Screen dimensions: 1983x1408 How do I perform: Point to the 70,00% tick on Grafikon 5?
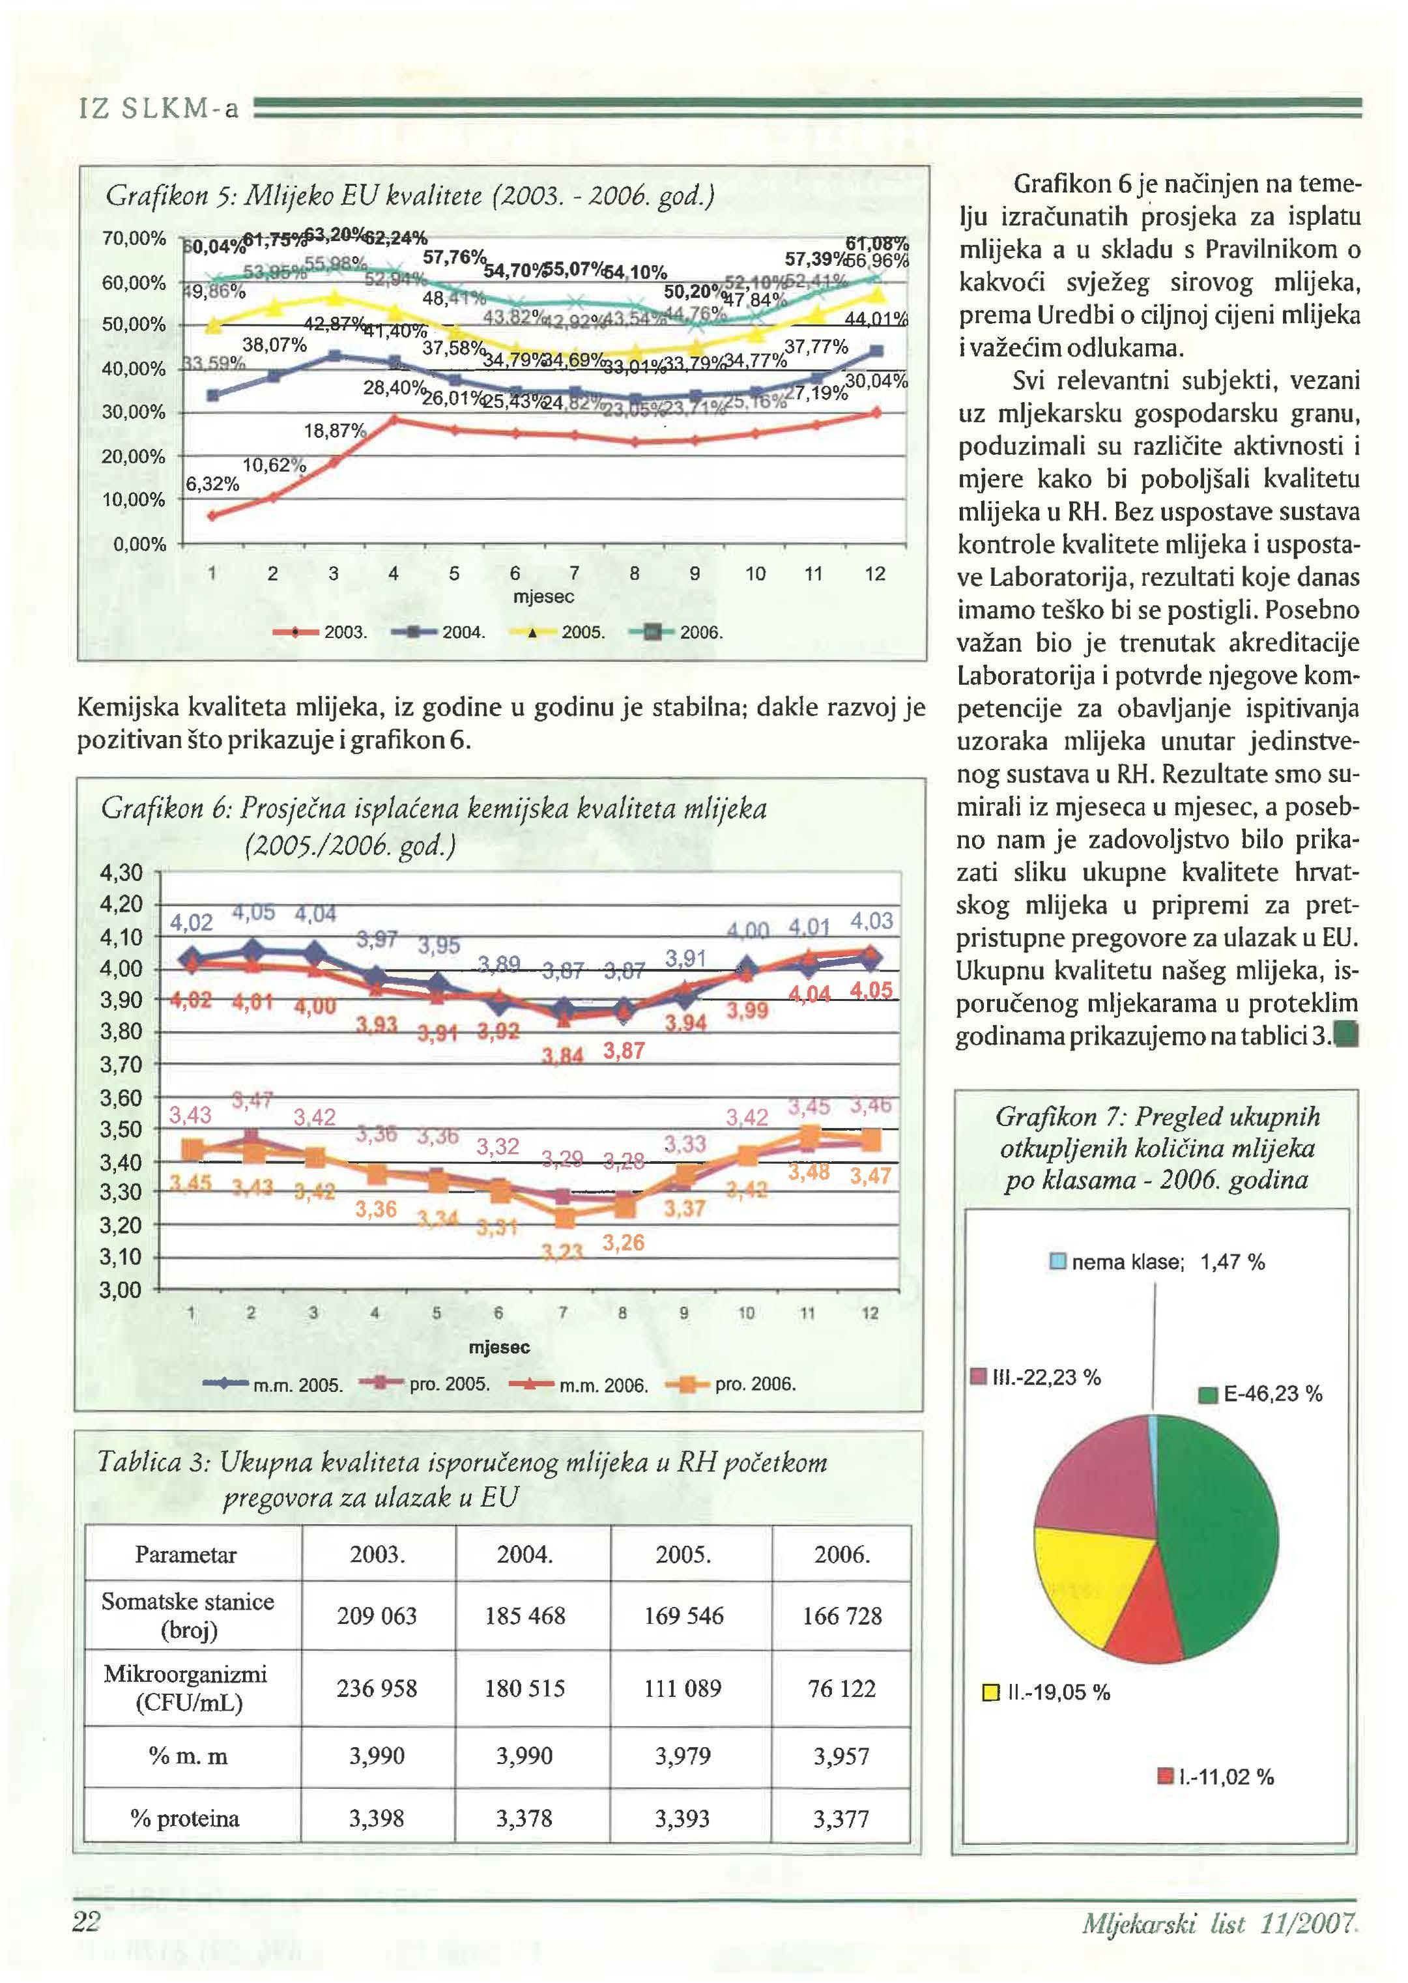[x=134, y=239]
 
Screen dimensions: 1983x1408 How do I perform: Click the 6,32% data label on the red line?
[x=212, y=484]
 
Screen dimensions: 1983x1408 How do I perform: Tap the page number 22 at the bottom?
[x=87, y=1922]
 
